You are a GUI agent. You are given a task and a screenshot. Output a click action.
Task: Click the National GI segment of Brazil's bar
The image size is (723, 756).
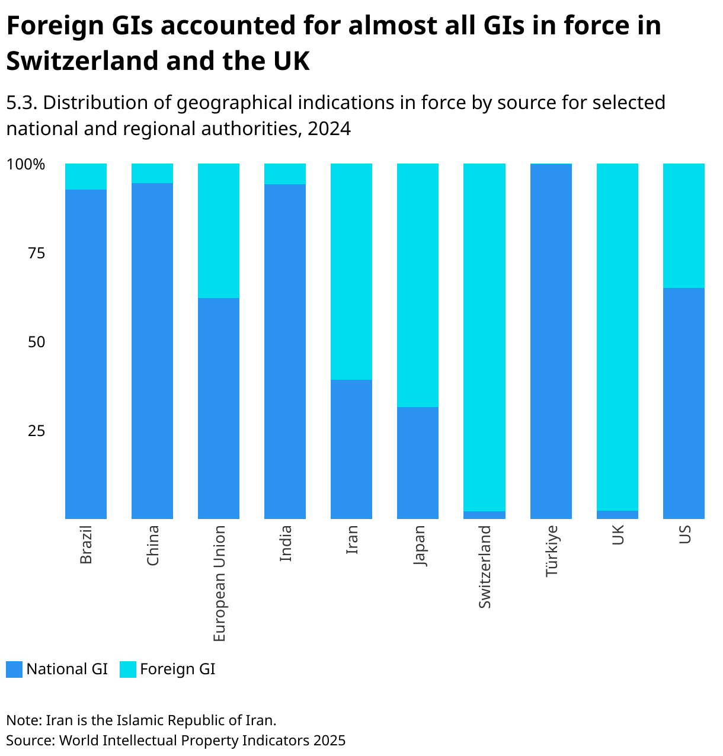[86, 354]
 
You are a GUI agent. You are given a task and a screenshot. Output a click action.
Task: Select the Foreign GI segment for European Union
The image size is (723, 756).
[219, 230]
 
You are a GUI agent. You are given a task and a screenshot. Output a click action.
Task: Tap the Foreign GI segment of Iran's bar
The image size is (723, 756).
[351, 271]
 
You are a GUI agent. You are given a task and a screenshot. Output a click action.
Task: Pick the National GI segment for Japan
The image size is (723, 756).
[418, 463]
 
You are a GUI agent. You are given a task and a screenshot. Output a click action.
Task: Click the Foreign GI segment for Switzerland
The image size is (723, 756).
[484, 337]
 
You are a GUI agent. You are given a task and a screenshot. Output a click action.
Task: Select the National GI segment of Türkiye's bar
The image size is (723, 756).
[551, 342]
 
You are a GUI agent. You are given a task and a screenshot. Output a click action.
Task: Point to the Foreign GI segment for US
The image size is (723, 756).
[684, 226]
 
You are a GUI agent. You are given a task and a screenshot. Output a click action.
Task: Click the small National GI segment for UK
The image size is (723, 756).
[618, 515]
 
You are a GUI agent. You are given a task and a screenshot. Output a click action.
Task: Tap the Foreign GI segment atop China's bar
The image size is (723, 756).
[152, 173]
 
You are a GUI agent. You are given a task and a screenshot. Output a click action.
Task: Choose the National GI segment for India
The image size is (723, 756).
[285, 351]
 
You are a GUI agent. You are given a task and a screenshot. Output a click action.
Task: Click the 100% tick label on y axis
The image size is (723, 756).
[25, 164]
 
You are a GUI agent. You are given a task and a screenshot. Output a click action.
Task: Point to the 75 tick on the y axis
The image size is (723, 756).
[36, 253]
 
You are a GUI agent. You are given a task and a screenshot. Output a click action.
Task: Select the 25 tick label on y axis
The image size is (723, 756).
[36, 431]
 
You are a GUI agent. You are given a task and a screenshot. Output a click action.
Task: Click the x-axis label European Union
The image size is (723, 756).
[219, 583]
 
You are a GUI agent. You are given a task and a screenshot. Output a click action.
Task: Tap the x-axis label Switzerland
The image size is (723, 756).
[485, 566]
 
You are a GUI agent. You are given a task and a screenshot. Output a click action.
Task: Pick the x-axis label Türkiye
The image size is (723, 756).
[551, 550]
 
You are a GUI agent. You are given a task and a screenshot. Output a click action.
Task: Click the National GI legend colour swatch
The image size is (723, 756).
[14, 669]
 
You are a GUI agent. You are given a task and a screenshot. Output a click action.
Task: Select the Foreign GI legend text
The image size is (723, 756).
[177, 669]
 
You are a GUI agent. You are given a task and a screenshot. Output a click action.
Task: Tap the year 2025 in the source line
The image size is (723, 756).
[329, 741]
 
